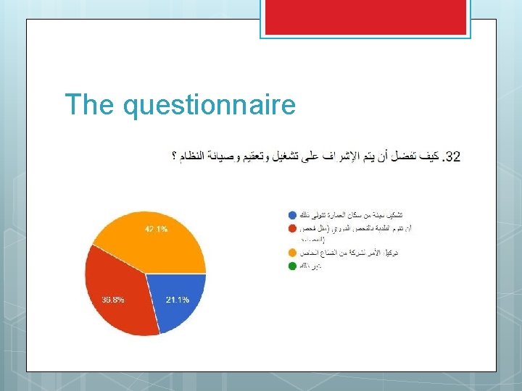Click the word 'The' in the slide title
click(x=91, y=105)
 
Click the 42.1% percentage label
click(x=156, y=229)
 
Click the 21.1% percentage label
click(x=177, y=300)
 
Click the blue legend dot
click(x=291, y=215)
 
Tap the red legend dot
click(x=291, y=228)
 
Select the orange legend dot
click(x=291, y=253)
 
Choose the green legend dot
click(x=291, y=266)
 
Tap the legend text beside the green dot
click(x=312, y=266)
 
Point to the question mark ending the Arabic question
click(x=174, y=156)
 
